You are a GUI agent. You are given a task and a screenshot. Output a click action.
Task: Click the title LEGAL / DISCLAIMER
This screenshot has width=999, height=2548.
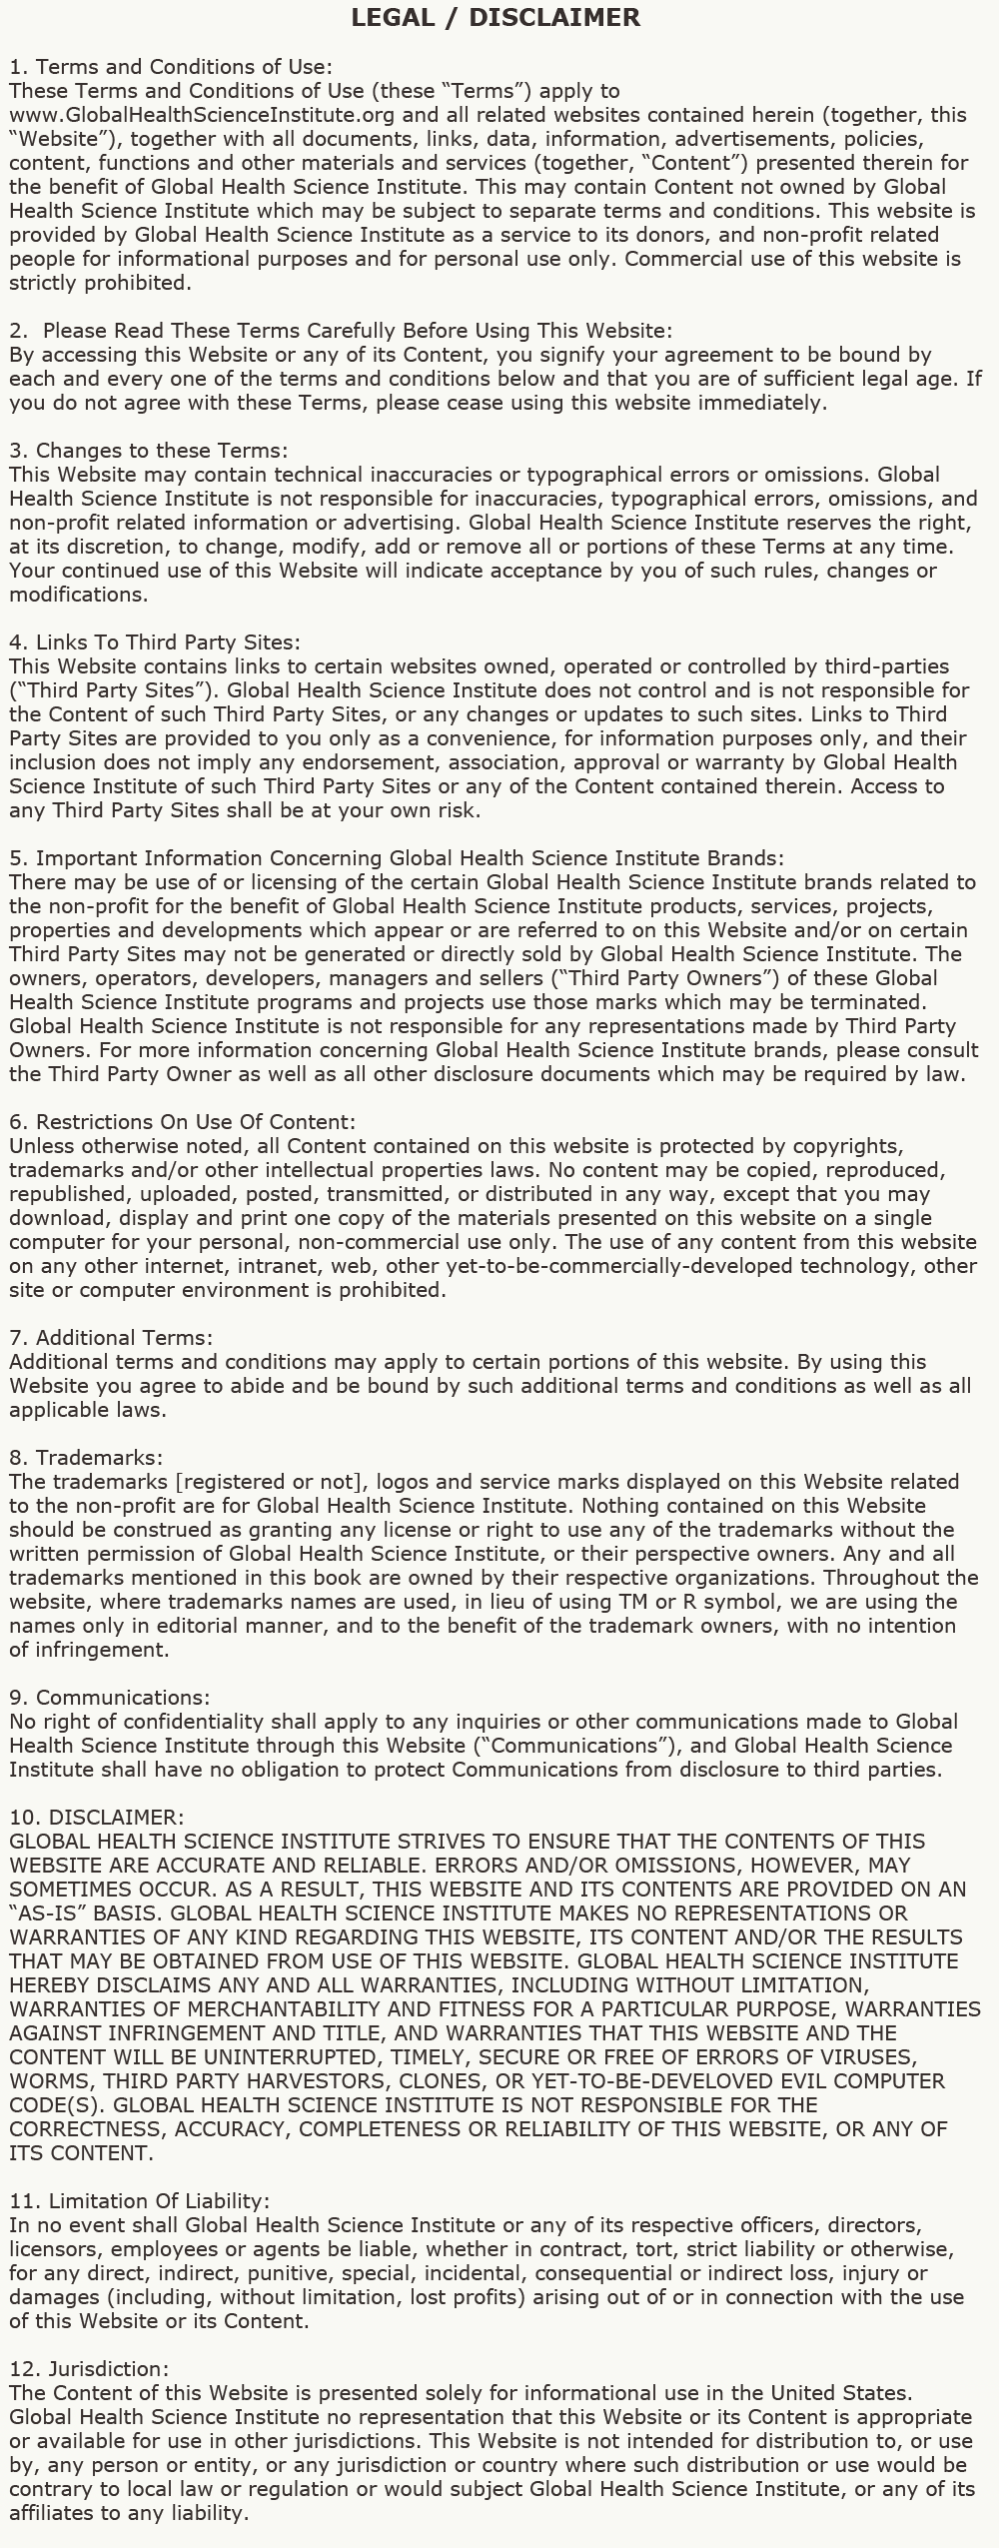point(496,17)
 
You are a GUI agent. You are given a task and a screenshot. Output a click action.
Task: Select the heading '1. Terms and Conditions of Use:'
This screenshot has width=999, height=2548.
point(171,67)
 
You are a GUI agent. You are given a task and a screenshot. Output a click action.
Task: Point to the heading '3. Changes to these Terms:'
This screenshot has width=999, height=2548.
point(149,451)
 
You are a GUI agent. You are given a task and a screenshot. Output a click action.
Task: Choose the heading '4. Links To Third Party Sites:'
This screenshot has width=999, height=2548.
point(155,642)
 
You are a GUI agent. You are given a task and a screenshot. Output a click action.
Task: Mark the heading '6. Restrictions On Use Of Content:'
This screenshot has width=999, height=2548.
point(183,1122)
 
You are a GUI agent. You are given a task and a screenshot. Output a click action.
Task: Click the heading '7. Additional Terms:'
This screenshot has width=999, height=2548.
point(111,1338)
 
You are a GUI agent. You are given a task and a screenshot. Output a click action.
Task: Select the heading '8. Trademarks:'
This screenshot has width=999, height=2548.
point(86,1458)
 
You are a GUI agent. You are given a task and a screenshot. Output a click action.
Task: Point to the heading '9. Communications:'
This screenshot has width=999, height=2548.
point(110,1698)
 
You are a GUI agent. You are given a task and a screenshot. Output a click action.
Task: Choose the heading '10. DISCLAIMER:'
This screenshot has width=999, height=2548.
point(97,1818)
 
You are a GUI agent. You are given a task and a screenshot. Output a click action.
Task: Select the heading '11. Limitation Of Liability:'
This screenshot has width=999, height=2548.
point(140,2201)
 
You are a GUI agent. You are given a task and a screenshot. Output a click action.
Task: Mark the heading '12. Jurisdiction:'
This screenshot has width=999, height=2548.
point(90,2369)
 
